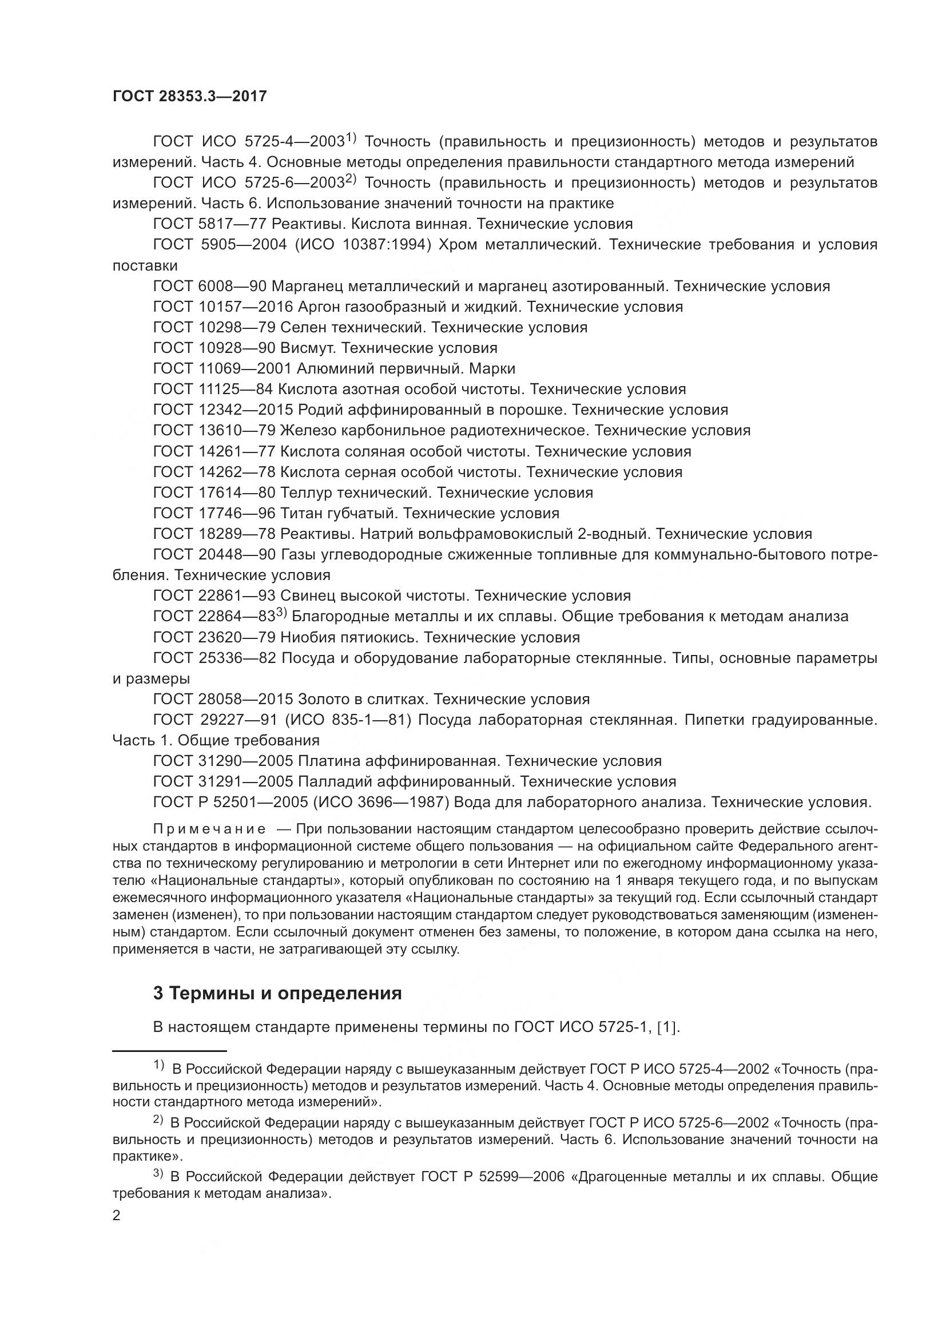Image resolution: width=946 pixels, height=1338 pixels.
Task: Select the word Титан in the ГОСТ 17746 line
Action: pos(299,513)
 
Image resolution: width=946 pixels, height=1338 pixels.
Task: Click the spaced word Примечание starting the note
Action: pos(209,829)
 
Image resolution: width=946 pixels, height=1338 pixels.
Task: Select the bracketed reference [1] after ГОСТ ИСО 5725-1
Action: pos(667,1027)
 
